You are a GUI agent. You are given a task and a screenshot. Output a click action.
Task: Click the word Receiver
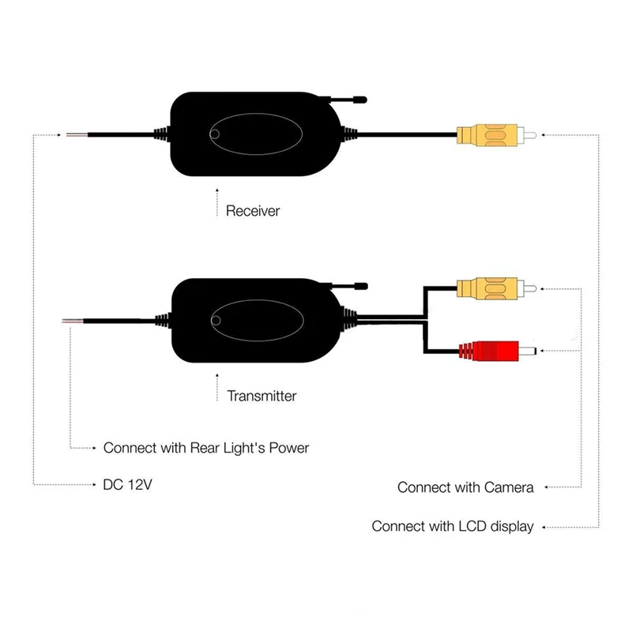[253, 211]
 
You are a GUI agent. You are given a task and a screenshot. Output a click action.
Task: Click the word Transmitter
[261, 395]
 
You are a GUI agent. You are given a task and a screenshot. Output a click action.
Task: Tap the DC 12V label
[127, 484]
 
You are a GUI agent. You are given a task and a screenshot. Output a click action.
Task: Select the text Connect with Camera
[465, 487]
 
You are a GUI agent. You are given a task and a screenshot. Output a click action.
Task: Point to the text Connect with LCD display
[453, 526]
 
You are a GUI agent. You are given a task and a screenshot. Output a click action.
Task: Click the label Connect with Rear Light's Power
[206, 448]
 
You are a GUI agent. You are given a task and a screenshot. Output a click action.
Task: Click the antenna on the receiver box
[348, 101]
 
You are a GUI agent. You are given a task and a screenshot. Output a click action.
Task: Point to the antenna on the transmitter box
[348, 285]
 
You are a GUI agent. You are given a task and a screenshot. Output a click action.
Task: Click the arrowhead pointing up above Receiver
[216, 192]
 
